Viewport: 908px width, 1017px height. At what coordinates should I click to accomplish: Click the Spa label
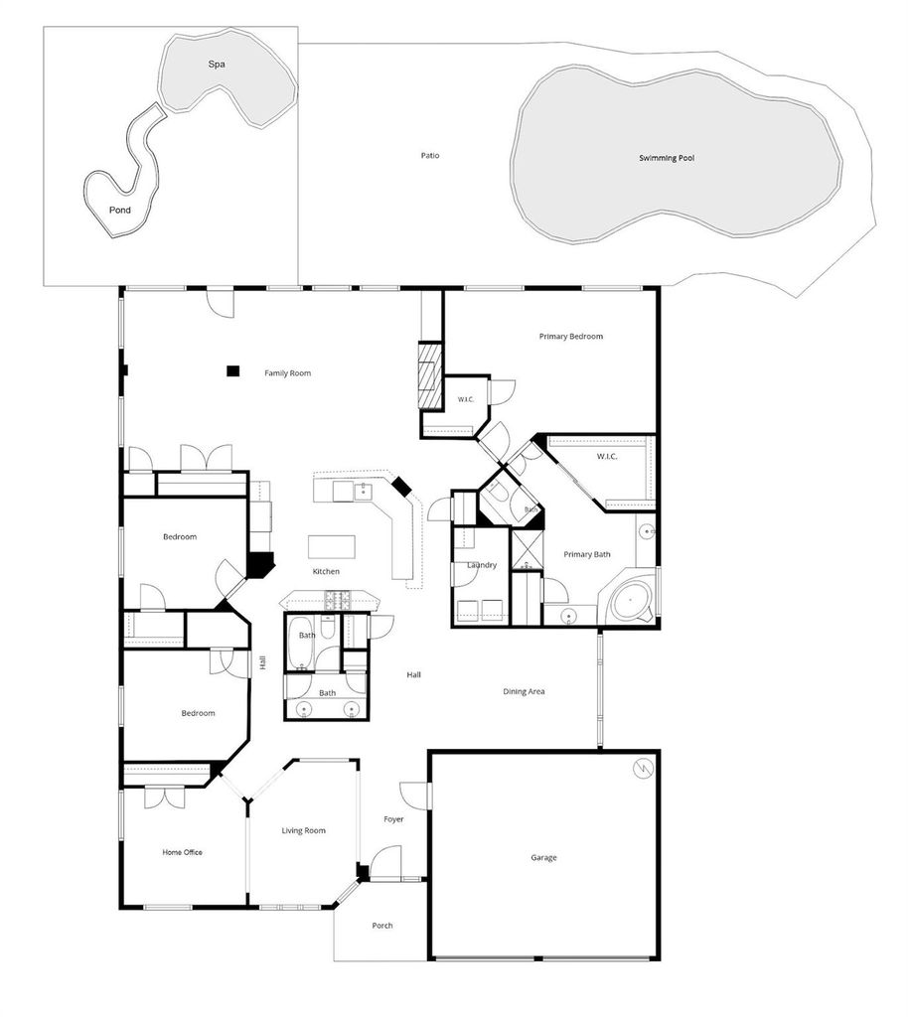click(x=217, y=65)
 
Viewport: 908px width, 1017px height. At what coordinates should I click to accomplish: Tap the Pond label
click(x=120, y=211)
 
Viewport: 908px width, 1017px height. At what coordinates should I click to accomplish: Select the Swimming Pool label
click(x=667, y=158)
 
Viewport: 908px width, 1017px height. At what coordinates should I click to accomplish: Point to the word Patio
click(x=430, y=156)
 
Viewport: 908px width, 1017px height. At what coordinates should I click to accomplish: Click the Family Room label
click(x=287, y=373)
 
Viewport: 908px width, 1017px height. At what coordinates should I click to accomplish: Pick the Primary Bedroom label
click(x=571, y=336)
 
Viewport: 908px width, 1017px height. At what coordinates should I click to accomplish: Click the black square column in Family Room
click(x=232, y=371)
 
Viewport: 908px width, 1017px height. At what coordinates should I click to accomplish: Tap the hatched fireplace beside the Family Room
click(x=428, y=375)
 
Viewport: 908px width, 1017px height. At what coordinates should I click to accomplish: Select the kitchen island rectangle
click(x=332, y=547)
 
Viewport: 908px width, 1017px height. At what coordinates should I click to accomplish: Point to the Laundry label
click(x=482, y=565)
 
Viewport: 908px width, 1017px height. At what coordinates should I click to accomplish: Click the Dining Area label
click(x=524, y=691)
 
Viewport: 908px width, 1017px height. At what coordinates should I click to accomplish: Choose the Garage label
click(x=543, y=857)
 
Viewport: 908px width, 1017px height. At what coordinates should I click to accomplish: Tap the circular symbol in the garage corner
click(x=644, y=769)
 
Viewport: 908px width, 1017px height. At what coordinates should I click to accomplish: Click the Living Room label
click(x=304, y=831)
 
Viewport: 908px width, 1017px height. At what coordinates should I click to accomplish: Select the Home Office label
click(x=182, y=852)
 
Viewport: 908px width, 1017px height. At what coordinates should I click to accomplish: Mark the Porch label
click(x=382, y=926)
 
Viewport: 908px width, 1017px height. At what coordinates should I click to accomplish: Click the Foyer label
click(x=393, y=819)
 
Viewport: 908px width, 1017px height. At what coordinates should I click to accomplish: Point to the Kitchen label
click(x=326, y=571)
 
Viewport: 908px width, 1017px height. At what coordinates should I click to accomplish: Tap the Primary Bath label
click(x=587, y=554)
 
